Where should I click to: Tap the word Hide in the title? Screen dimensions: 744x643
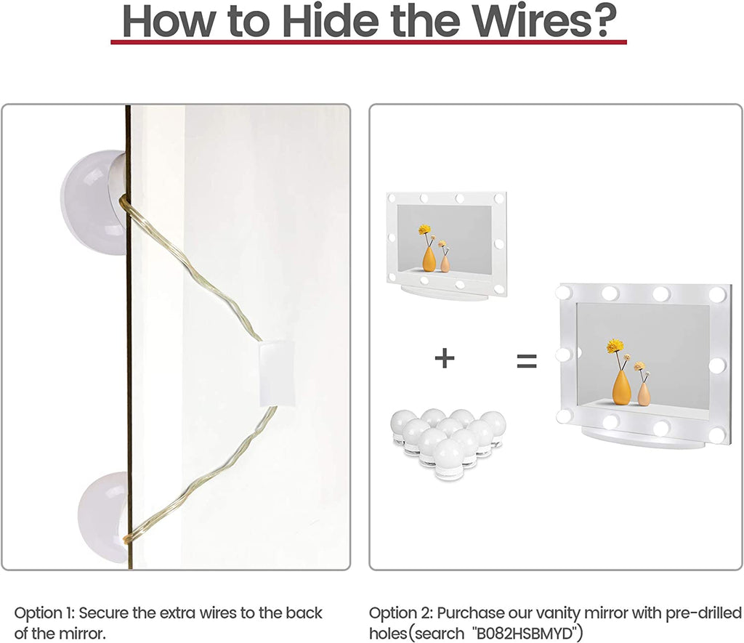coord(331,20)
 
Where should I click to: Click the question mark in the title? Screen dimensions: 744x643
coord(604,20)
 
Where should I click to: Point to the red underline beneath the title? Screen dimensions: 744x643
coord(368,42)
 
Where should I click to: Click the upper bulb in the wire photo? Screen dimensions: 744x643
coord(94,202)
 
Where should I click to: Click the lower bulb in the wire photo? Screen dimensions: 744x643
coord(103,517)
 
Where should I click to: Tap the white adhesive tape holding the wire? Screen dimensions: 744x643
coord(277,374)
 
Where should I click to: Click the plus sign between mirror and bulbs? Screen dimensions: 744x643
coord(445,357)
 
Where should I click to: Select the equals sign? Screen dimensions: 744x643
coord(527,361)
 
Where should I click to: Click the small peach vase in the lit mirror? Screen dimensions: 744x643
coord(644,393)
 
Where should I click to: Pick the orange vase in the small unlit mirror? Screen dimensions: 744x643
coord(429,259)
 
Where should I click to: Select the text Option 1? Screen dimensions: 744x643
coord(44,612)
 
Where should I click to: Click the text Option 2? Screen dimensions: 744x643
coord(401,612)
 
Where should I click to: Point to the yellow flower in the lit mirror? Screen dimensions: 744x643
coord(615,345)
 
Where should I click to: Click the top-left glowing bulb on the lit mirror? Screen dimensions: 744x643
coord(563,292)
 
